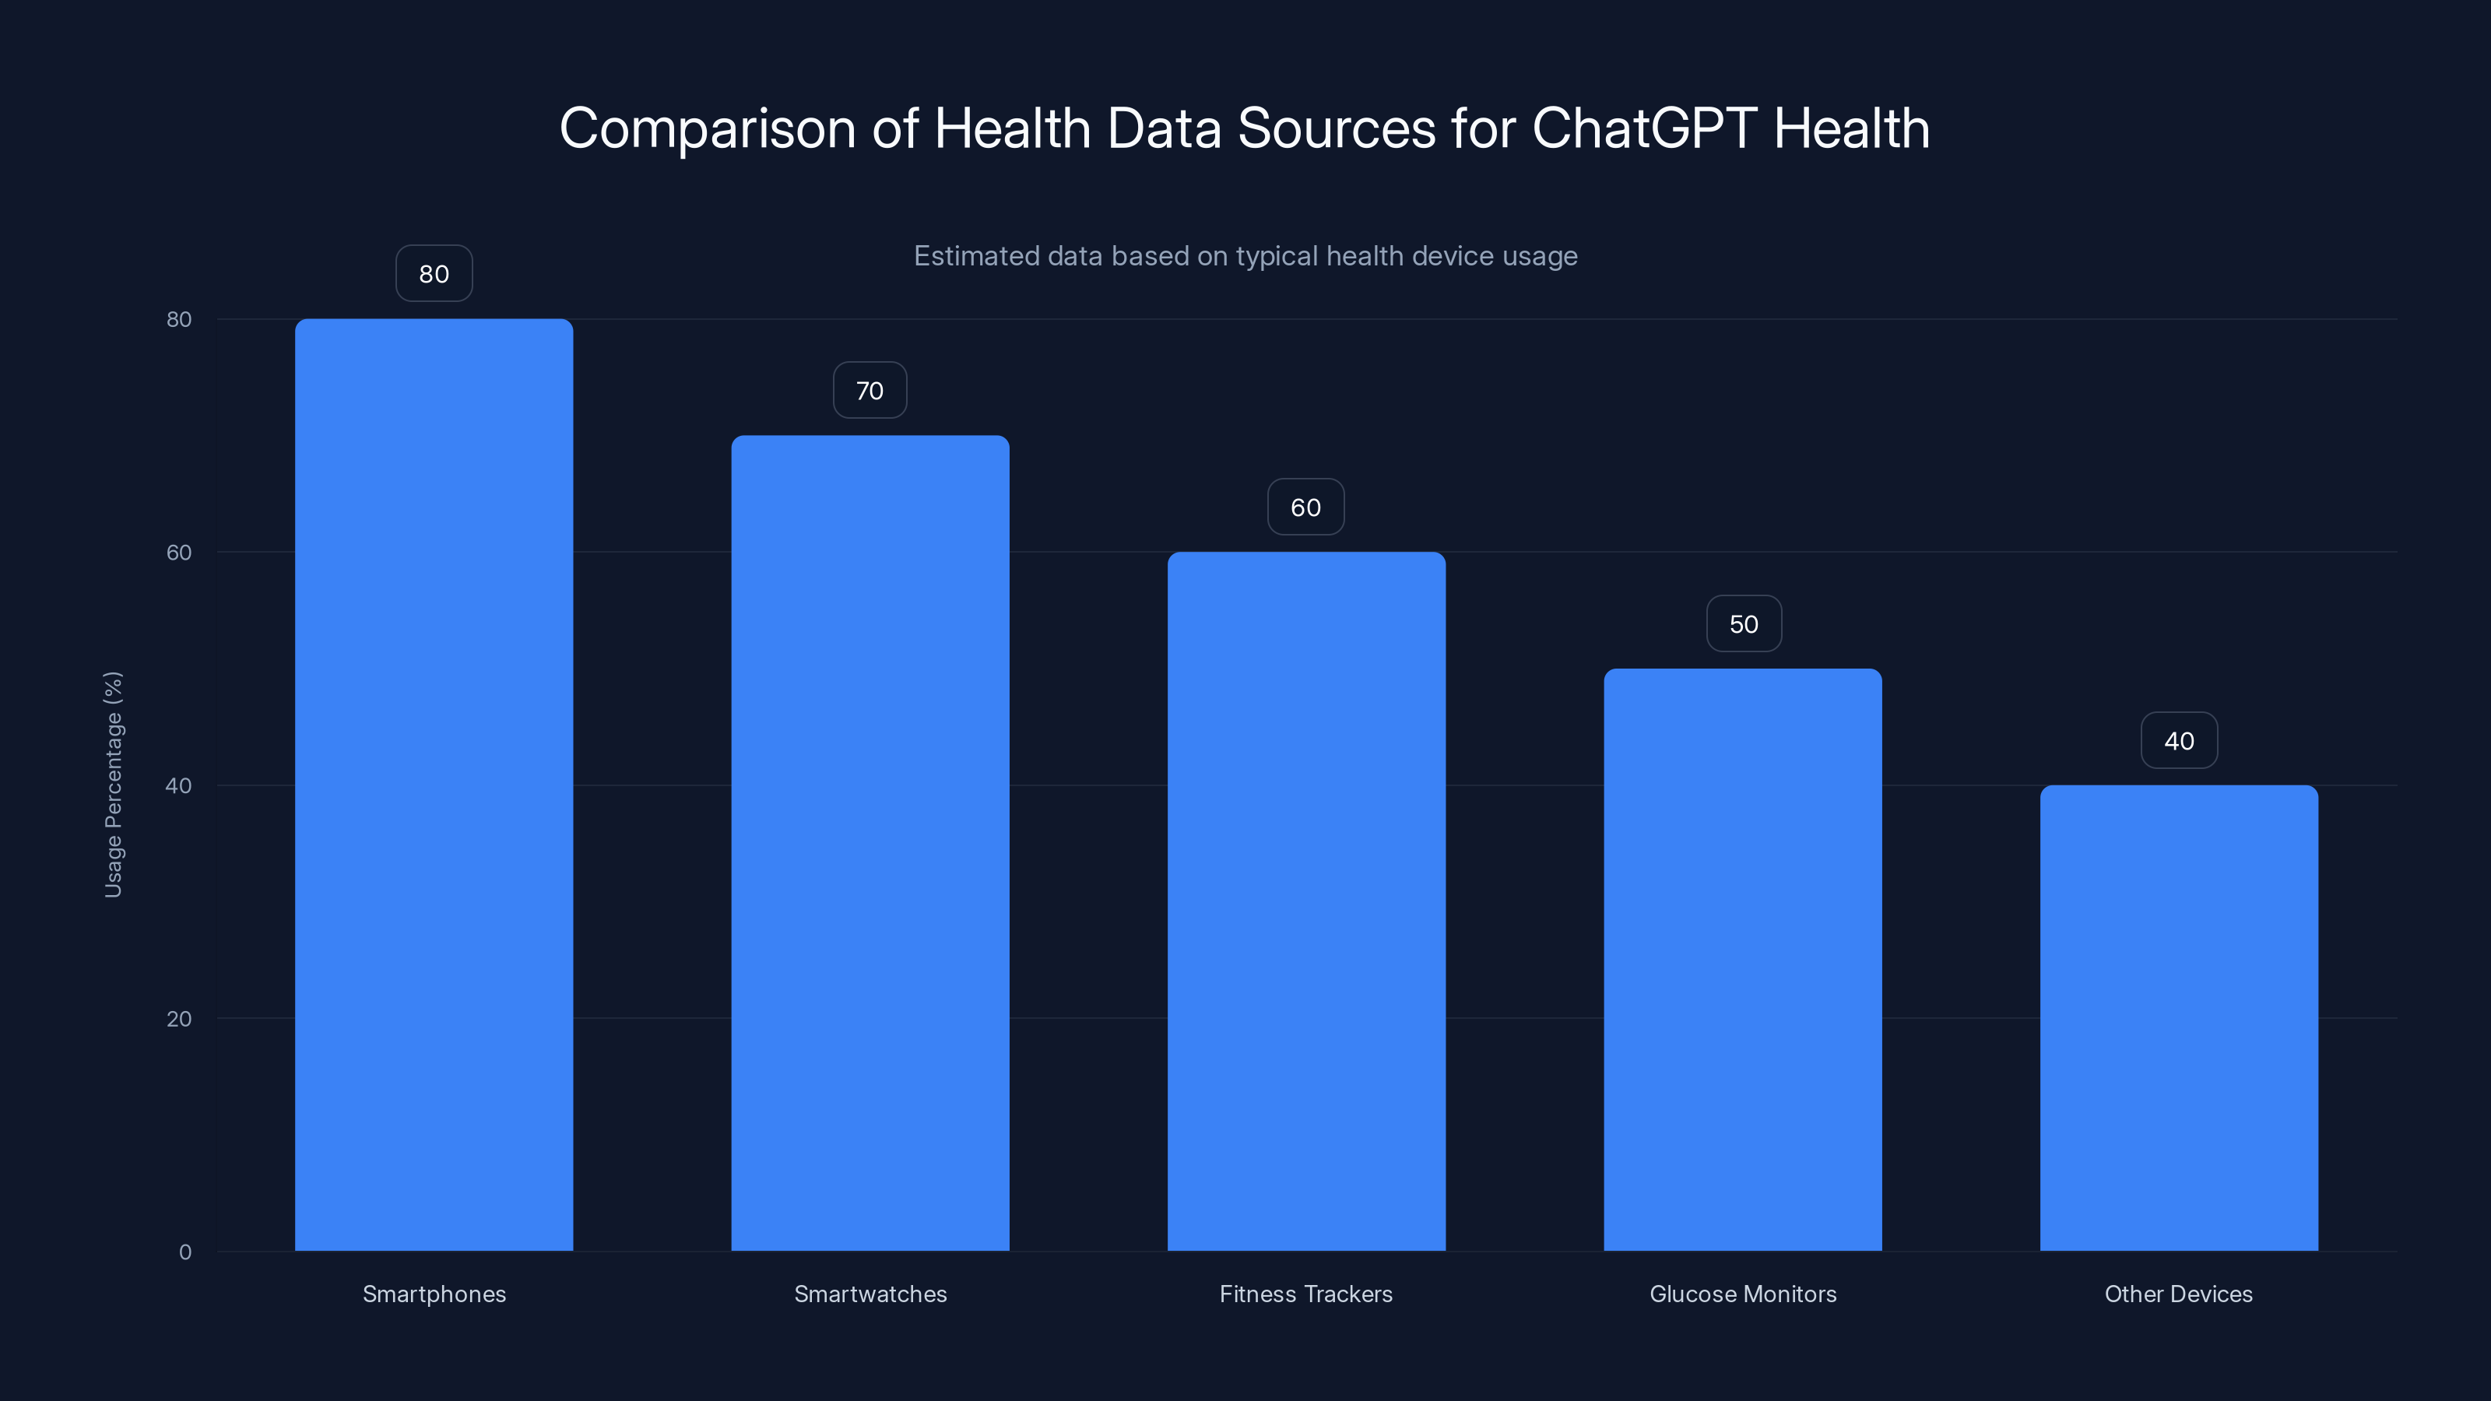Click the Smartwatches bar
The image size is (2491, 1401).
click(870, 842)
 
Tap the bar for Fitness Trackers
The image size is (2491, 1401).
click(1305, 901)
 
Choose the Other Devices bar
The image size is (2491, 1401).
click(2179, 1017)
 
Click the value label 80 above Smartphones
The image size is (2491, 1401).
click(434, 274)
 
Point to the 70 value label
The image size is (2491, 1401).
click(870, 391)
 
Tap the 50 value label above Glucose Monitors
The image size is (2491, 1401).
click(1743, 623)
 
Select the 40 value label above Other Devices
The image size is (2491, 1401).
click(2179, 741)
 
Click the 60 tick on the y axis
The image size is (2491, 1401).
click(179, 552)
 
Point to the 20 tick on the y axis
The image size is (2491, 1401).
click(179, 1018)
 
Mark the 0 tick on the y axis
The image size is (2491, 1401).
click(184, 1252)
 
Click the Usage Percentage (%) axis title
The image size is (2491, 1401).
click(113, 784)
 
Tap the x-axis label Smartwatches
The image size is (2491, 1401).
click(870, 1294)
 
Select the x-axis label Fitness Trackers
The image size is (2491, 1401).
click(1305, 1294)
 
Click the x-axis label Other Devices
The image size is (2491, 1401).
click(2179, 1294)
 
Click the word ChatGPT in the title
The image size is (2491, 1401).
click(1644, 128)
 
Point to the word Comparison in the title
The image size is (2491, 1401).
click(707, 128)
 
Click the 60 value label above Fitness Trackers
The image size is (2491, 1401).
click(1305, 507)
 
